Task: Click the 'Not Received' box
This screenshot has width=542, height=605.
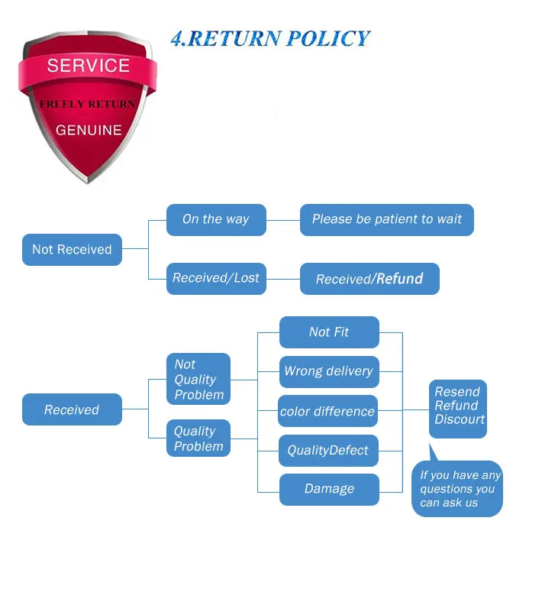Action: pyautogui.click(x=72, y=250)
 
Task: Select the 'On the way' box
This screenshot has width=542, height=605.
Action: pyautogui.click(x=216, y=220)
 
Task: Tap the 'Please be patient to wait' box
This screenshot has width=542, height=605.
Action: pyautogui.click(x=386, y=220)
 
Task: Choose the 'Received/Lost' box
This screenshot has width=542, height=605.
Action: pyautogui.click(x=216, y=279)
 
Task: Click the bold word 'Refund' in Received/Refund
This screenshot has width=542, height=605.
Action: pyautogui.click(x=400, y=279)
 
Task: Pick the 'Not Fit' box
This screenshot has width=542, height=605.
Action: pyautogui.click(x=329, y=332)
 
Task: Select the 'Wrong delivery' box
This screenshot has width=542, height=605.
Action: pyautogui.click(x=329, y=372)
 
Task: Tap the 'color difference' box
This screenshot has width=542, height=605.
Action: pyautogui.click(x=327, y=411)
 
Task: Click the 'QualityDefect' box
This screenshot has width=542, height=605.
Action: pyautogui.click(x=328, y=451)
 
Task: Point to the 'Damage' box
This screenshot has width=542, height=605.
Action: pyautogui.click(x=329, y=490)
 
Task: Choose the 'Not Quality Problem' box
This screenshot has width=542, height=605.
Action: pyautogui.click(x=198, y=379)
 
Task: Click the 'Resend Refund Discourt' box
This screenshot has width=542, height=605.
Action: pyautogui.click(x=458, y=409)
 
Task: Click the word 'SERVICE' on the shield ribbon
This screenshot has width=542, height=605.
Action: pyautogui.click(x=89, y=66)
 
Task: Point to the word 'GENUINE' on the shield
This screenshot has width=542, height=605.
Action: pyautogui.click(x=89, y=131)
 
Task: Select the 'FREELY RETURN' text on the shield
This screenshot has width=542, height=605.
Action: pyautogui.click(x=88, y=104)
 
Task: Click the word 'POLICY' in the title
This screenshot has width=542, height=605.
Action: pyautogui.click(x=328, y=39)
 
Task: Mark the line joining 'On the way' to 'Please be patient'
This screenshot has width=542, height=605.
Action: pyautogui.click(x=283, y=220)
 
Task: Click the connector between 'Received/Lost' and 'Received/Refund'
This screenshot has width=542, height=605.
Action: pyautogui.click(x=283, y=279)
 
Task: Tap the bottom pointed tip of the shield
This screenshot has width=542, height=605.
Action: pyautogui.click(x=88, y=183)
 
